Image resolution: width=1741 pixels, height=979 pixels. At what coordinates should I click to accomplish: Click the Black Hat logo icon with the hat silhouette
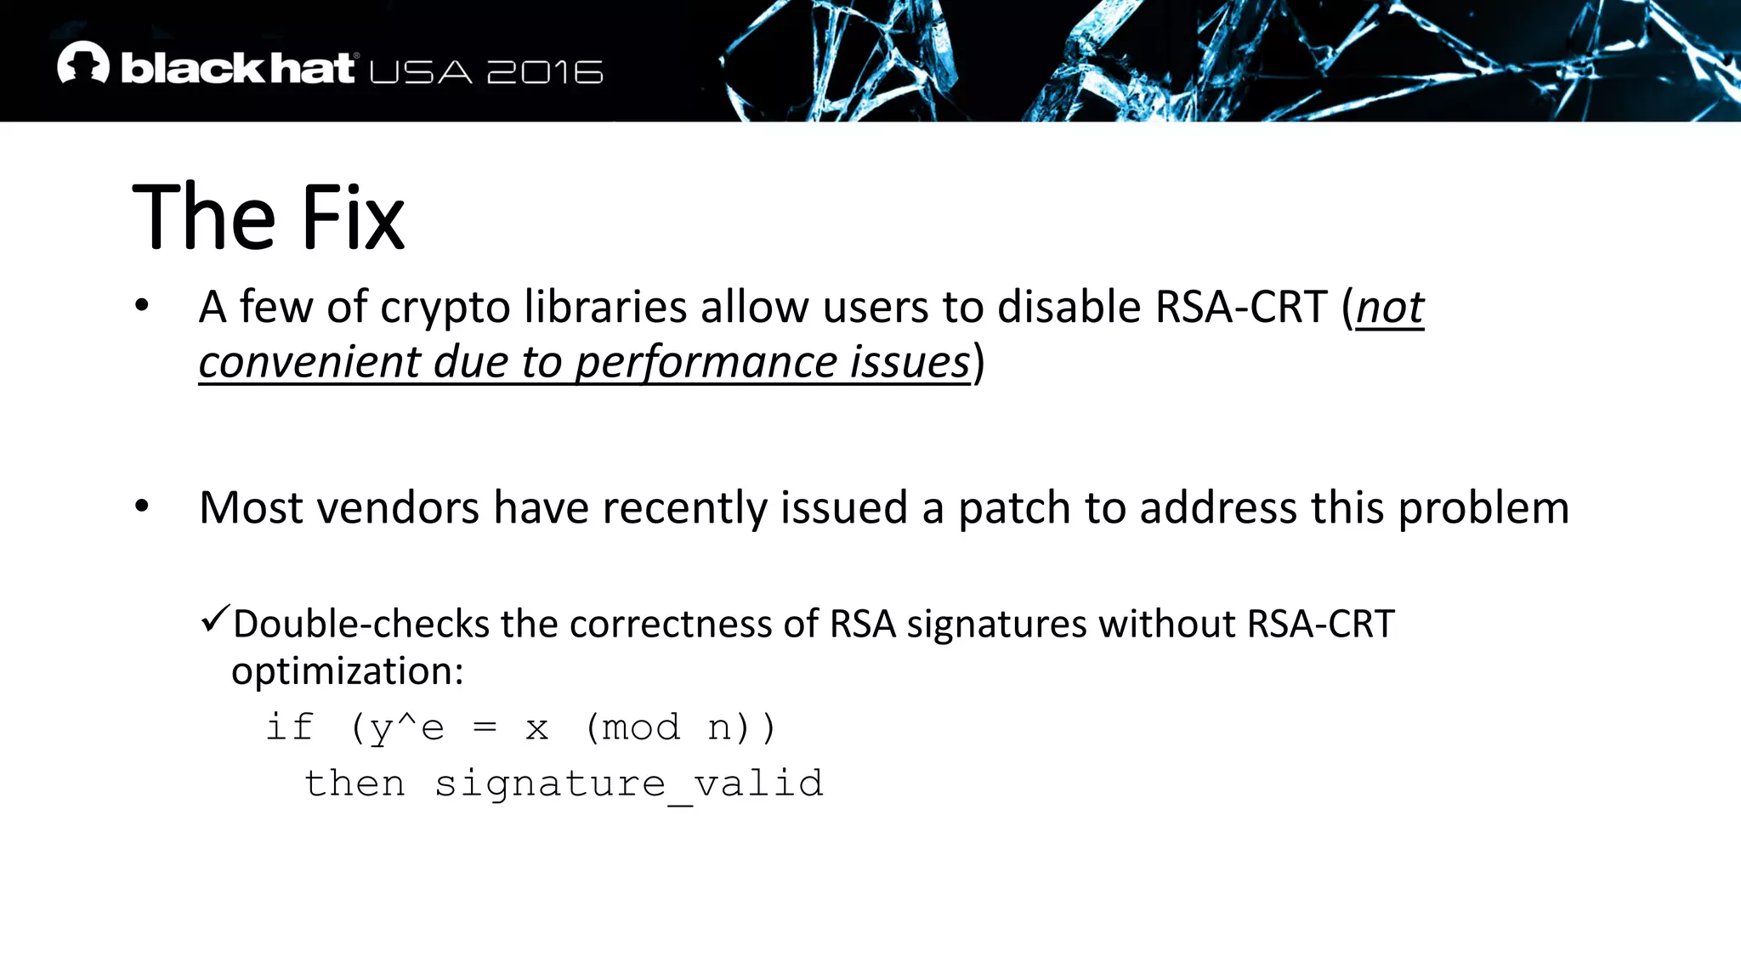click(x=83, y=64)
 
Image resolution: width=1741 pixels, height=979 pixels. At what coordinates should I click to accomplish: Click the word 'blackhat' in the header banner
click(x=237, y=68)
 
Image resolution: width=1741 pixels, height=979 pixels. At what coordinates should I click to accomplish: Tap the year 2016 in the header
click(x=545, y=72)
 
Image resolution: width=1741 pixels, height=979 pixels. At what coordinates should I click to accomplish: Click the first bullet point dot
click(x=142, y=305)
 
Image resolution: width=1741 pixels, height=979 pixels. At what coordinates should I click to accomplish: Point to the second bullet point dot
click(x=142, y=506)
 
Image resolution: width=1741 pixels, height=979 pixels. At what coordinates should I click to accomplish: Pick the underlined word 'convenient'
click(x=309, y=362)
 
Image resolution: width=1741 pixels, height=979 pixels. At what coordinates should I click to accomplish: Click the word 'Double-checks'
click(x=360, y=624)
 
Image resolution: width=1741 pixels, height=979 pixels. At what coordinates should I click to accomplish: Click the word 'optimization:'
click(x=348, y=671)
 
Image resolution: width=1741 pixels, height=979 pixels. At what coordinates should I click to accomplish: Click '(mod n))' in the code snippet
click(x=681, y=728)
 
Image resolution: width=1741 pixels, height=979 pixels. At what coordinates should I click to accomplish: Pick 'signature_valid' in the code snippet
click(x=629, y=784)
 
